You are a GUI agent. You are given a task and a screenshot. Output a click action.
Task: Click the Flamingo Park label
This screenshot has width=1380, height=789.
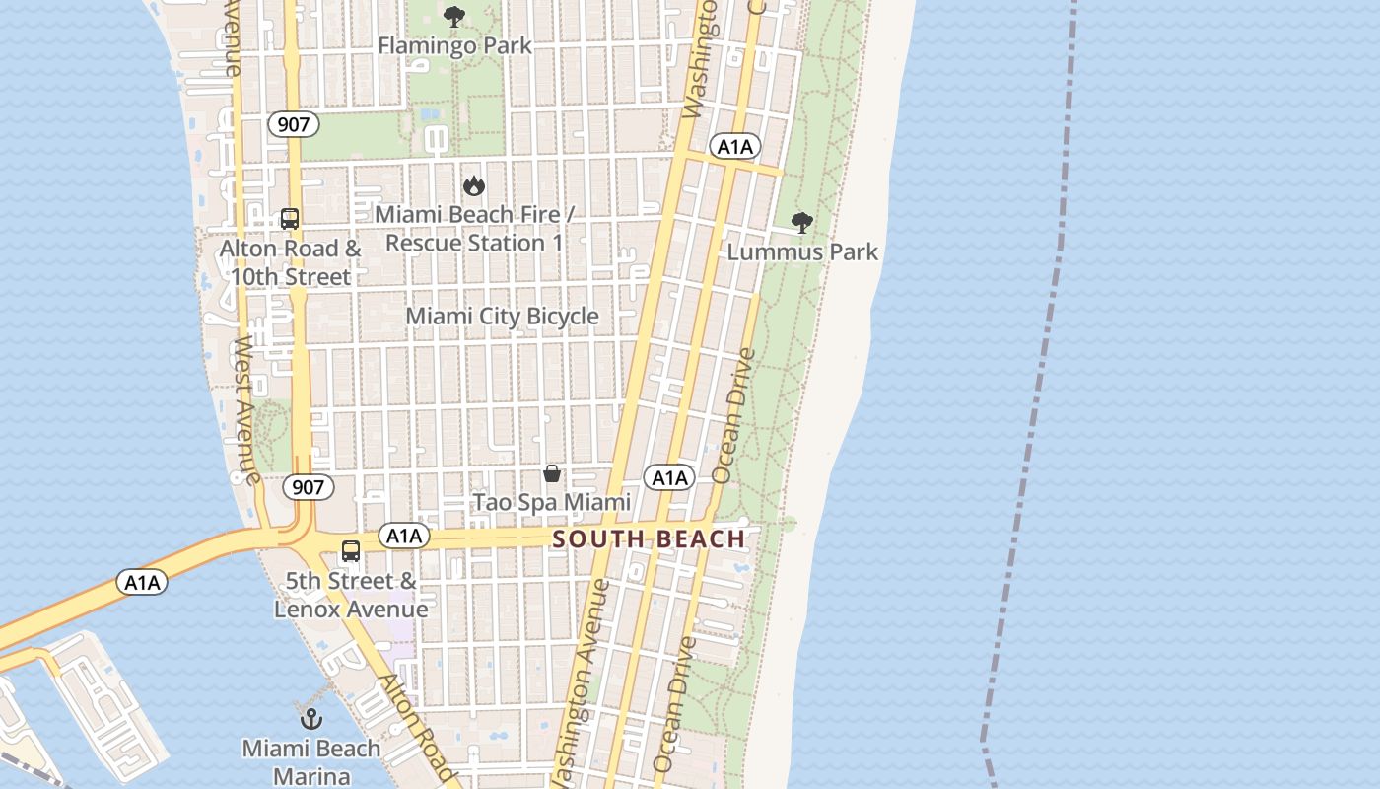(454, 45)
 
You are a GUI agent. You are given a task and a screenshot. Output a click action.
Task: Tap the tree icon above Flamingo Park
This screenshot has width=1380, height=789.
(453, 16)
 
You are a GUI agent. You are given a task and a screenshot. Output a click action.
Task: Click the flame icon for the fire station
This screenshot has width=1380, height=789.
(474, 185)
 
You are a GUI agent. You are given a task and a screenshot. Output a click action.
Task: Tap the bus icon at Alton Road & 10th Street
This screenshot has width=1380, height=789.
(289, 219)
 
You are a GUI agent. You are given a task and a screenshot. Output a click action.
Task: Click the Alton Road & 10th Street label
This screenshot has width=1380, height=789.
(290, 262)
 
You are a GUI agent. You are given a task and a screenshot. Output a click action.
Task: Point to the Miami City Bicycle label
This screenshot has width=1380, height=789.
(502, 316)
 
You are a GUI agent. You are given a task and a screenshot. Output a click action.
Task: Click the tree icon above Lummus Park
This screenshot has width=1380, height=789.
(802, 222)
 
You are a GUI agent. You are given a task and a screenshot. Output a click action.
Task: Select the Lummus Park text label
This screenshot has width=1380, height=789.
(802, 252)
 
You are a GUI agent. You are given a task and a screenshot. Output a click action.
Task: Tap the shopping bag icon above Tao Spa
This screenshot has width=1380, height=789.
(552, 473)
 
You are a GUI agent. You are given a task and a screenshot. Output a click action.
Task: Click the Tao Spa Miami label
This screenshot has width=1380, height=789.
(552, 502)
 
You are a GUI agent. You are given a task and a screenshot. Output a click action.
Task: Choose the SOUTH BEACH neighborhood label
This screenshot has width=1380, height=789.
(649, 538)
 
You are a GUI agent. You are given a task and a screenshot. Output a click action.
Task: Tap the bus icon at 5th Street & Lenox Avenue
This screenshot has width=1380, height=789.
(350, 551)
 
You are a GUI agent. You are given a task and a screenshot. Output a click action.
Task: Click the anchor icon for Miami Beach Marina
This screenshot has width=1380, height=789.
(311, 717)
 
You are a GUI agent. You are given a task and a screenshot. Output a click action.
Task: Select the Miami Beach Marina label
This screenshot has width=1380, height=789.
(311, 761)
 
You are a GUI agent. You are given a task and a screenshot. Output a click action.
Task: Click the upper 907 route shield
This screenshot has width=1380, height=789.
(293, 124)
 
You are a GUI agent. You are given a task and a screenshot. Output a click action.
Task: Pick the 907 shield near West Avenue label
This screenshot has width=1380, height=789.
(308, 486)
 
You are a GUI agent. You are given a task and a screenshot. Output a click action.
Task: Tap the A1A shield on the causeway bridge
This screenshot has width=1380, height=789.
(142, 582)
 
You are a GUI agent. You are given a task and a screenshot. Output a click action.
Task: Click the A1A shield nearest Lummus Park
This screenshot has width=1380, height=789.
(734, 147)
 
